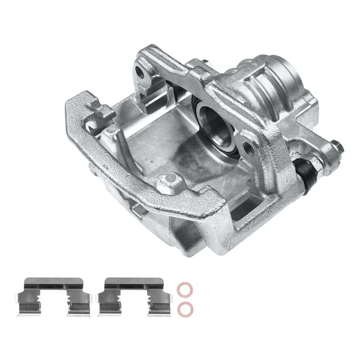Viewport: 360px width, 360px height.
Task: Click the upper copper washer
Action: (185, 290)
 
